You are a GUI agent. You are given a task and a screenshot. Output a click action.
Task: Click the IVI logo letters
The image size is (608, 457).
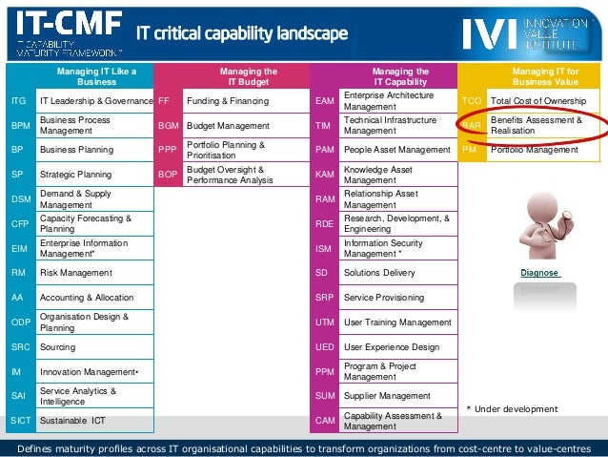491,33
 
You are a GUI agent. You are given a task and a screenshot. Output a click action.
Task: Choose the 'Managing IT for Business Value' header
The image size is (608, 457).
545,76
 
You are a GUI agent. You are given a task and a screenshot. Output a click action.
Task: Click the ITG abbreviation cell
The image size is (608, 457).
18,100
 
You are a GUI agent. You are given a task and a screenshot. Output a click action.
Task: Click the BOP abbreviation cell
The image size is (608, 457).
167,175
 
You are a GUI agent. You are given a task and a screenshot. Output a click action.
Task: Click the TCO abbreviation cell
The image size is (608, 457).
472,100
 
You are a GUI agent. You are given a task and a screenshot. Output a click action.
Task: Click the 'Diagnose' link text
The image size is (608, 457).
539,273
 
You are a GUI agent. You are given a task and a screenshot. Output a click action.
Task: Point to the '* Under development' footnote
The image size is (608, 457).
512,409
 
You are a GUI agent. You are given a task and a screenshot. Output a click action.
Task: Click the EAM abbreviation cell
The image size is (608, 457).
324,100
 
